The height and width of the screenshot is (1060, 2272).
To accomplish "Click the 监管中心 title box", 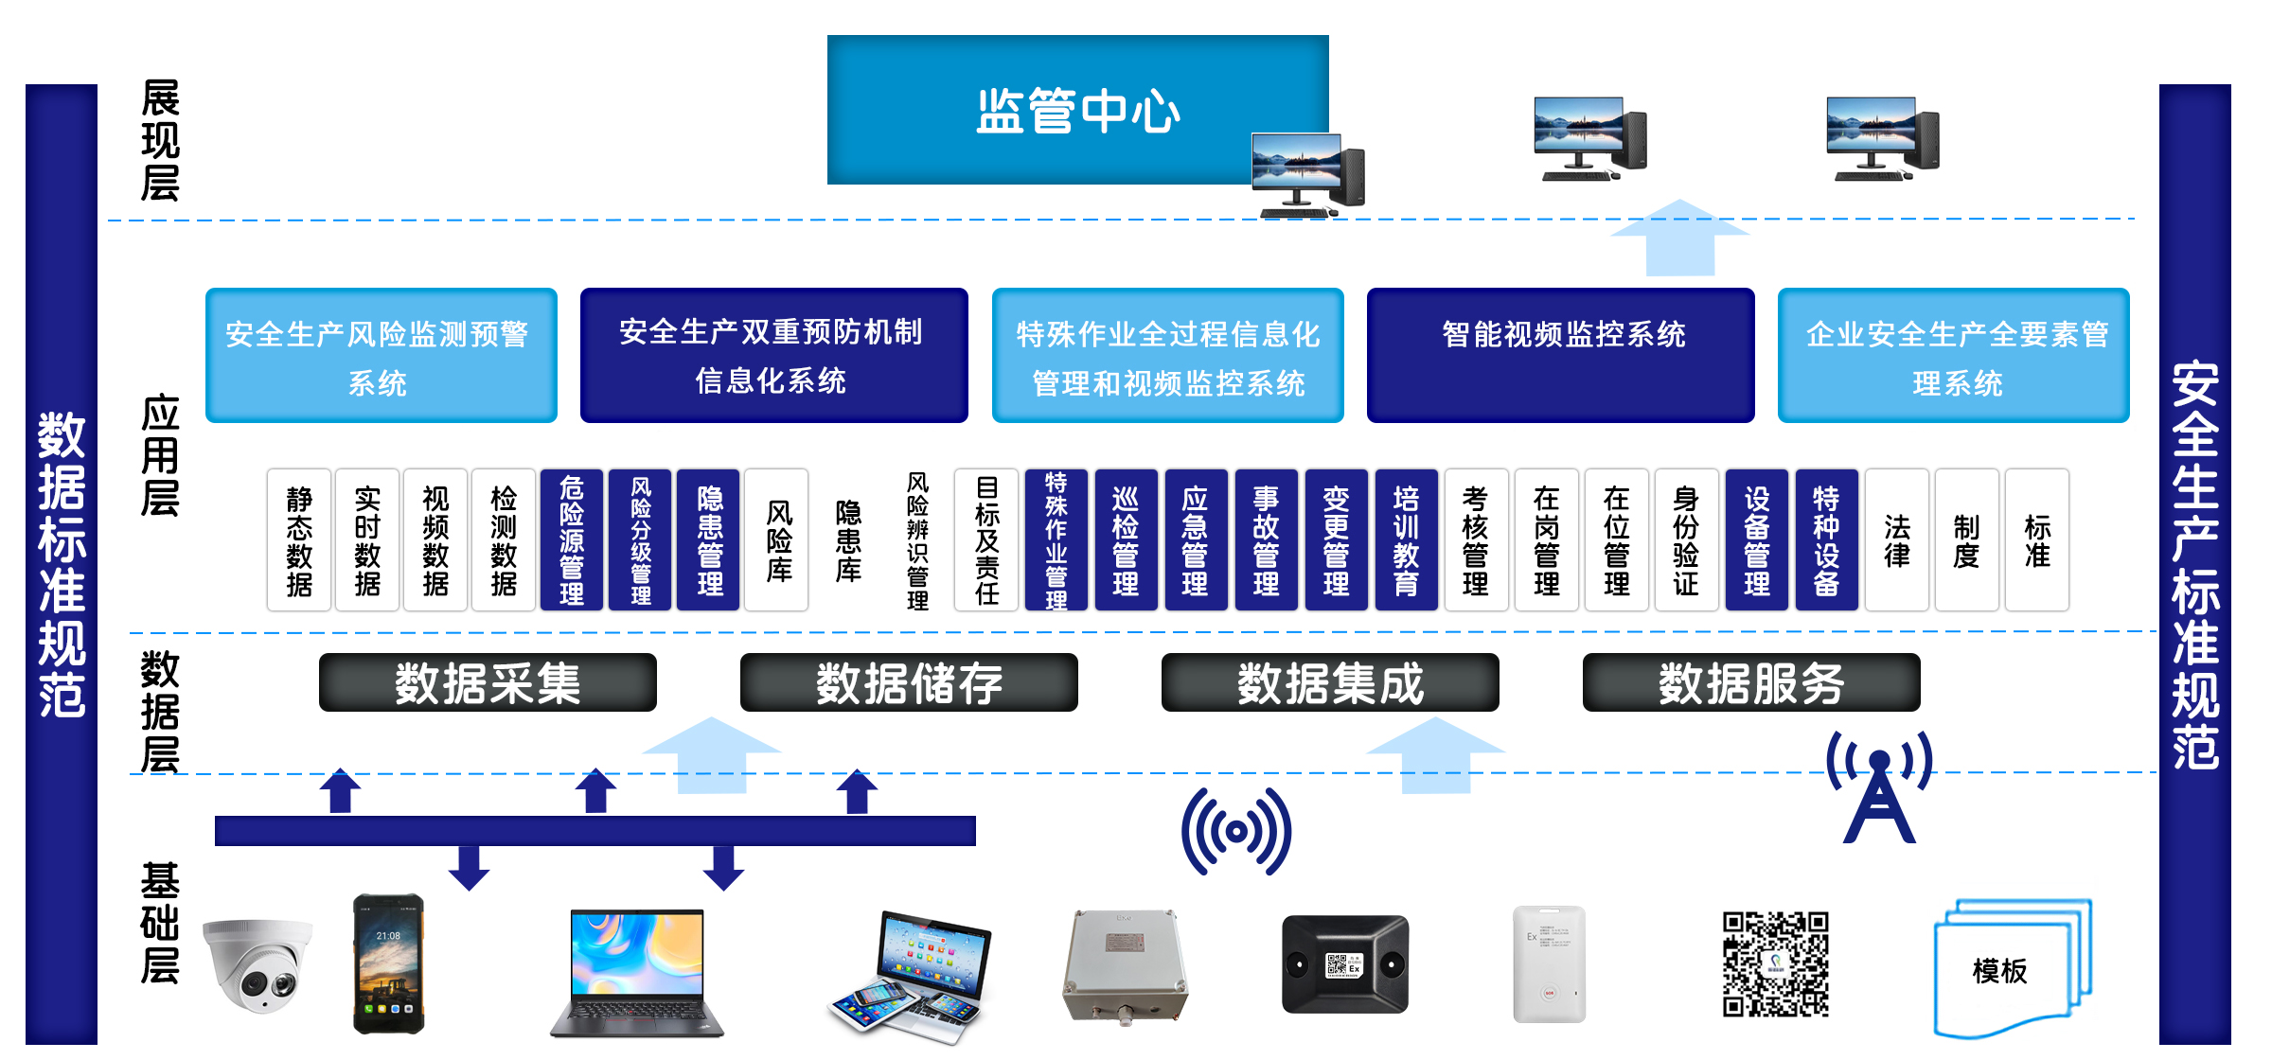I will coord(1077,110).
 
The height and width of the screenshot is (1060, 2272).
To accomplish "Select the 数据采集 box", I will coord(488,682).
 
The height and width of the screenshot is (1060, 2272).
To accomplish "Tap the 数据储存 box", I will coord(909,682).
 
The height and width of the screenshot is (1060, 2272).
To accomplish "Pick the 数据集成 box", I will coord(1330,682).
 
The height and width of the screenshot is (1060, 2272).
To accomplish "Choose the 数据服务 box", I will coord(1751,682).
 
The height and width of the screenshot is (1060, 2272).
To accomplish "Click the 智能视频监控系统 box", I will coord(1561,355).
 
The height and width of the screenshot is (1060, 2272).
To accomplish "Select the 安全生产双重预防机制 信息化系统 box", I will coord(773,355).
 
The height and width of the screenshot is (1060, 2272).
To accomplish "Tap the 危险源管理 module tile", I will coord(571,539).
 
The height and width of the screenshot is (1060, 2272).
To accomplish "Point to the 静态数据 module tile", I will coord(299,539).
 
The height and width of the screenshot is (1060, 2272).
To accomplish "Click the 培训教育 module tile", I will coord(1406,539).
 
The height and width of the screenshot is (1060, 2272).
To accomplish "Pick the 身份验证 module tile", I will coord(1686,539).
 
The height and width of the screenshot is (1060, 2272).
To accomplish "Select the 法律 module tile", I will coord(1897,539).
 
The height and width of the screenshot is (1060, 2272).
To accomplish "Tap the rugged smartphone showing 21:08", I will coord(388,963).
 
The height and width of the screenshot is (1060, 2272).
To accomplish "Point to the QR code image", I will coord(1775,963).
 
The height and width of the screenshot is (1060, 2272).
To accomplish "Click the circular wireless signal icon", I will coord(1235,832).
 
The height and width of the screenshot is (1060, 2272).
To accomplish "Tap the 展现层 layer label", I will coord(160,140).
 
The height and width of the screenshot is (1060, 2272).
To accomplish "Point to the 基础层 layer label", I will coord(160,923).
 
